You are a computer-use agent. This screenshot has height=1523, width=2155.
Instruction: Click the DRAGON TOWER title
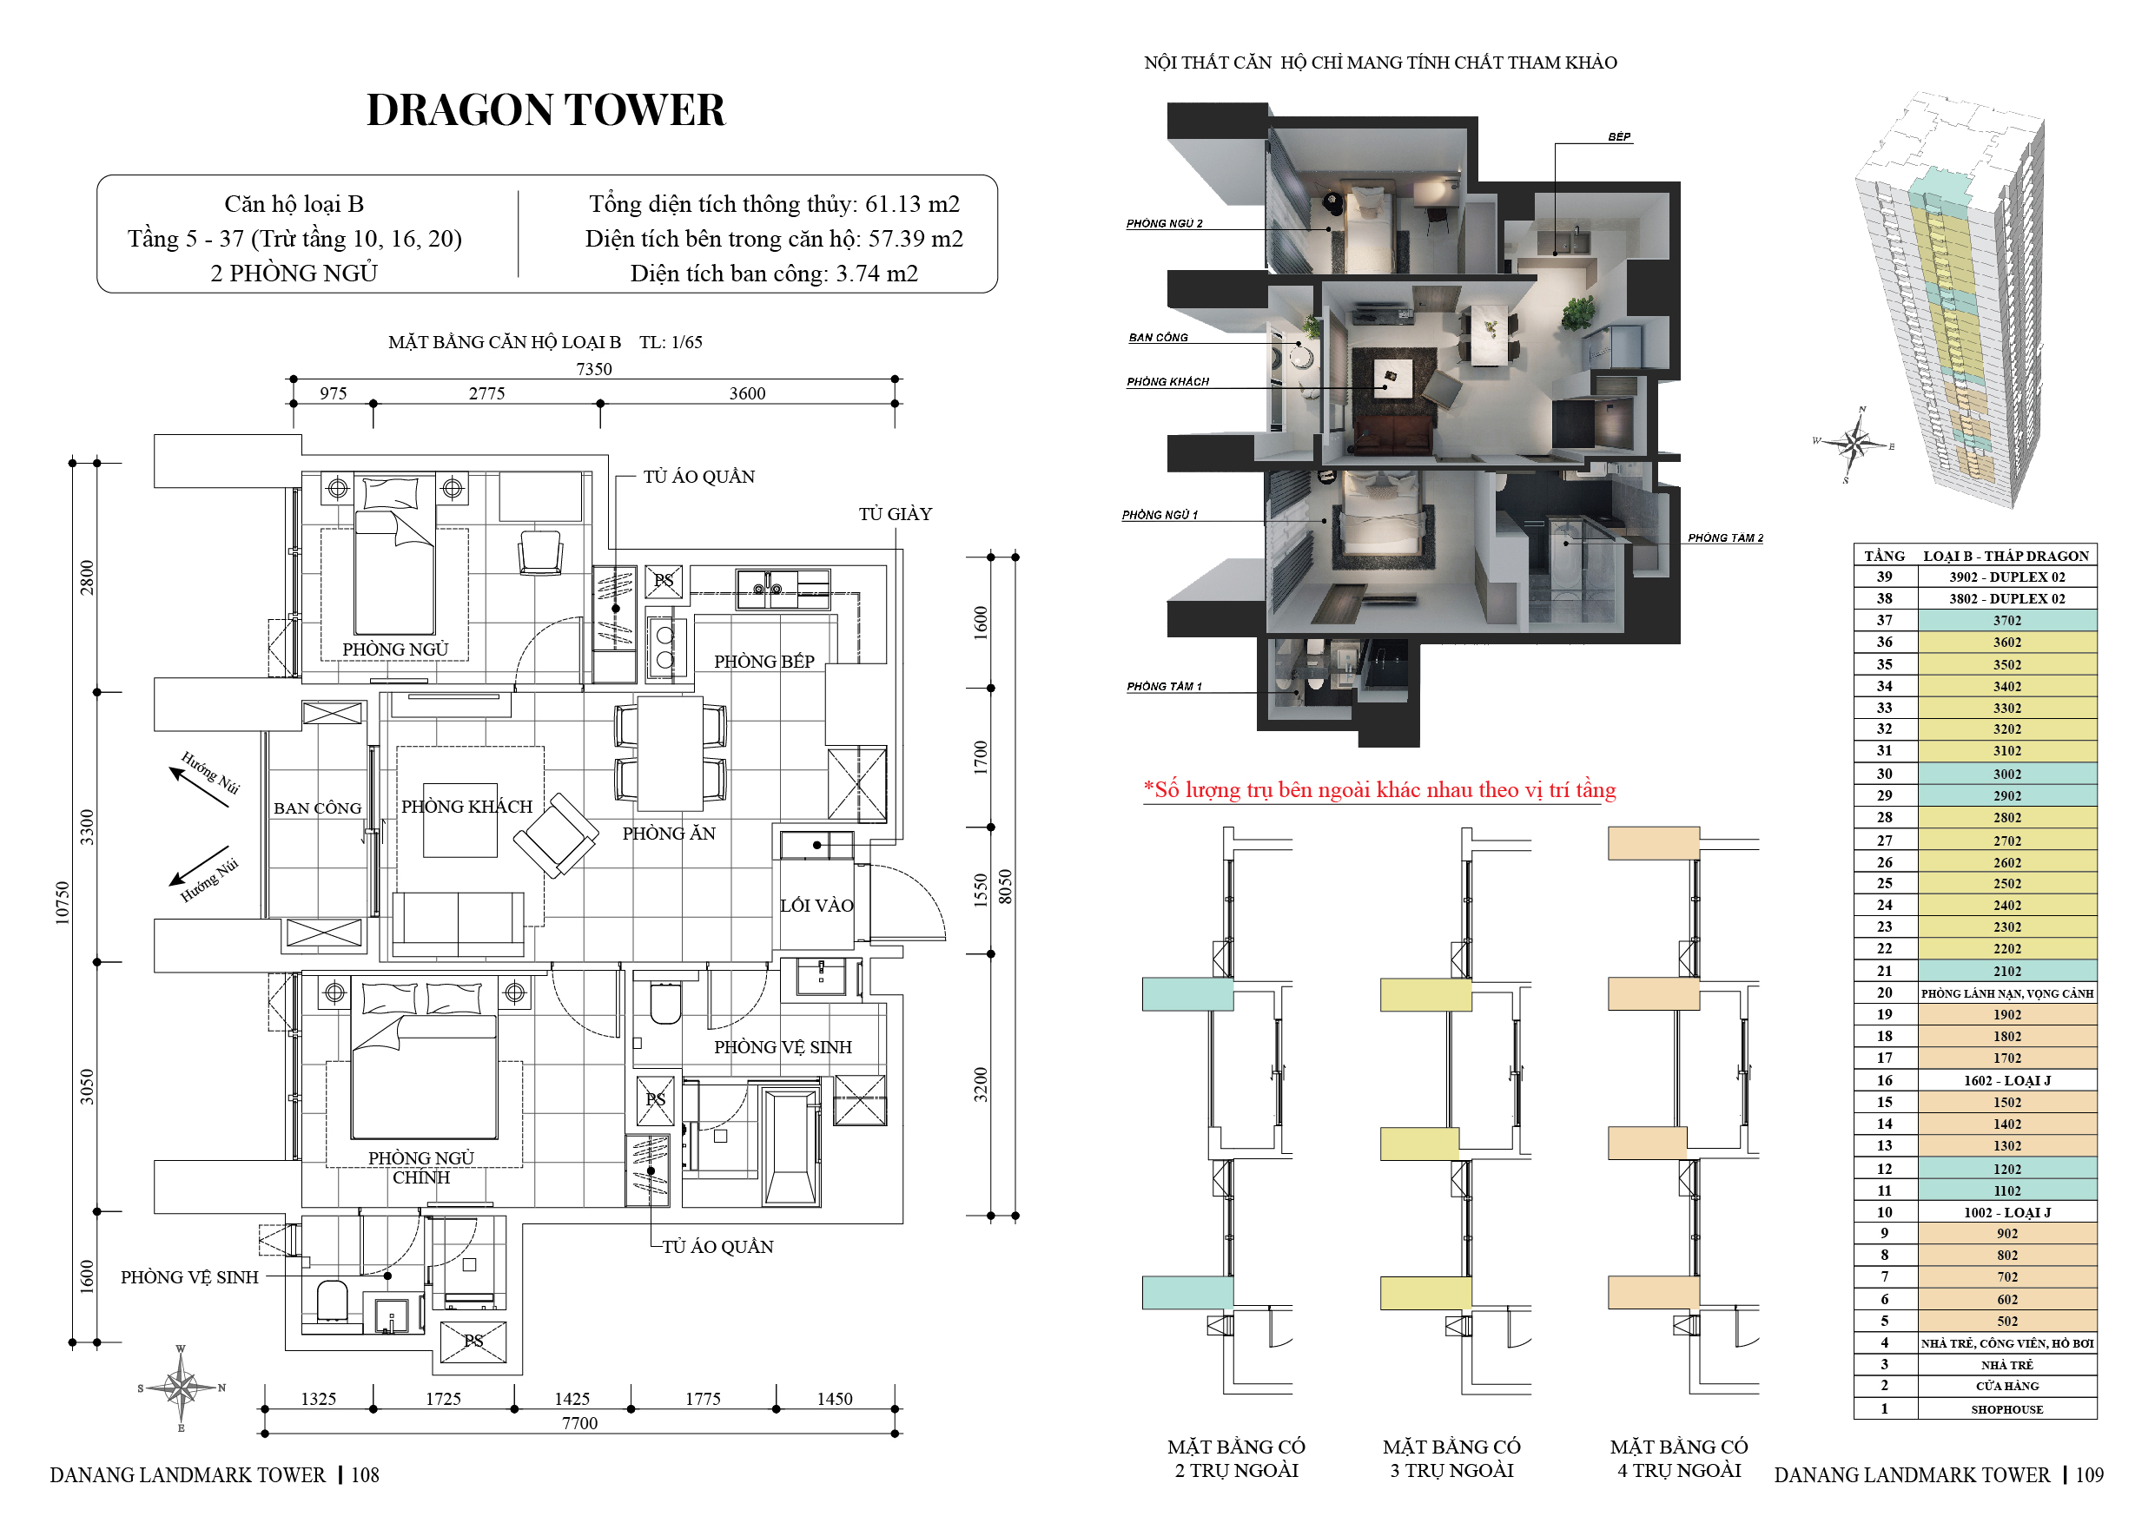pyautogui.click(x=545, y=109)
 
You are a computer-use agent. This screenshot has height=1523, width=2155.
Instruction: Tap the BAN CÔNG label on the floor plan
pyautogui.click(x=317, y=808)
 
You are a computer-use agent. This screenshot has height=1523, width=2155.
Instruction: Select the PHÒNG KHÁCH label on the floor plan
pyautogui.click(x=466, y=806)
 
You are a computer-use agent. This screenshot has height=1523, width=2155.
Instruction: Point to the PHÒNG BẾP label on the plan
pyautogui.click(x=764, y=662)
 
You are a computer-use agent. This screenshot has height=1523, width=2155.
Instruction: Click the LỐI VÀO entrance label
pyautogui.click(x=816, y=906)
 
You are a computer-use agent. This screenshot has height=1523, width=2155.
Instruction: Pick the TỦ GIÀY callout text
pyautogui.click(x=896, y=514)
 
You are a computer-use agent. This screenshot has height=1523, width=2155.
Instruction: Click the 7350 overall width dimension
pyautogui.click(x=594, y=369)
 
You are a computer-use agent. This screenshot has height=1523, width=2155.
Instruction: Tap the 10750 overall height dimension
pyautogui.click(x=62, y=903)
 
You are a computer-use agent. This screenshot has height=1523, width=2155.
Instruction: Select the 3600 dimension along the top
pyautogui.click(x=747, y=393)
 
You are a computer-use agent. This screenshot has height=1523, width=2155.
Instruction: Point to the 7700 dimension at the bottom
pyautogui.click(x=580, y=1422)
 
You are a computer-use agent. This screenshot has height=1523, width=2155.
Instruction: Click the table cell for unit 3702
pyautogui.click(x=2006, y=620)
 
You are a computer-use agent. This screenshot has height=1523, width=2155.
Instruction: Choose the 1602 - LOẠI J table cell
pyautogui.click(x=2006, y=1080)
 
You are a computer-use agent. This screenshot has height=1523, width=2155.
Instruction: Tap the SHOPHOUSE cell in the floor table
pyautogui.click(x=2006, y=1408)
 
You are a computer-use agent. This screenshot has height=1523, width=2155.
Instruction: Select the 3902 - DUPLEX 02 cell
pyautogui.click(x=2006, y=577)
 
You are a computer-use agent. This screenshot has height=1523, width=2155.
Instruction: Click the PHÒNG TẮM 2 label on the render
pyautogui.click(x=1725, y=537)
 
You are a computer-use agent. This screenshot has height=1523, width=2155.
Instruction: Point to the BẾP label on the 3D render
pyautogui.click(x=1619, y=137)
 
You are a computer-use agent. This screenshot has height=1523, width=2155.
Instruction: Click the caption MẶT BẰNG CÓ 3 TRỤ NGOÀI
pyautogui.click(x=1452, y=1458)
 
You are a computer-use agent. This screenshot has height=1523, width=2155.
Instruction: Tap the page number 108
pyautogui.click(x=365, y=1475)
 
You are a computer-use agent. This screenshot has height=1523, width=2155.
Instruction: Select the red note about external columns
pyautogui.click(x=1379, y=790)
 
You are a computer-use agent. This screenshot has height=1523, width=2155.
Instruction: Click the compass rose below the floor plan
pyautogui.click(x=182, y=1388)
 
